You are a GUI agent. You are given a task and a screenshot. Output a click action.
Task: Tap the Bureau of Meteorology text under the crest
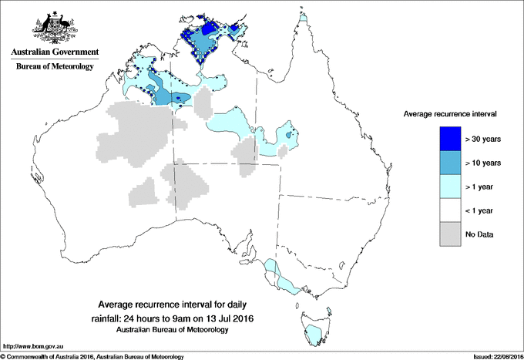click(x=54, y=67)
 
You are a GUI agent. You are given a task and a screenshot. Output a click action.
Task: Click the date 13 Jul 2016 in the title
click(x=229, y=318)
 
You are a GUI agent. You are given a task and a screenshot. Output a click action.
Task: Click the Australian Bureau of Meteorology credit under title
click(x=173, y=329)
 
